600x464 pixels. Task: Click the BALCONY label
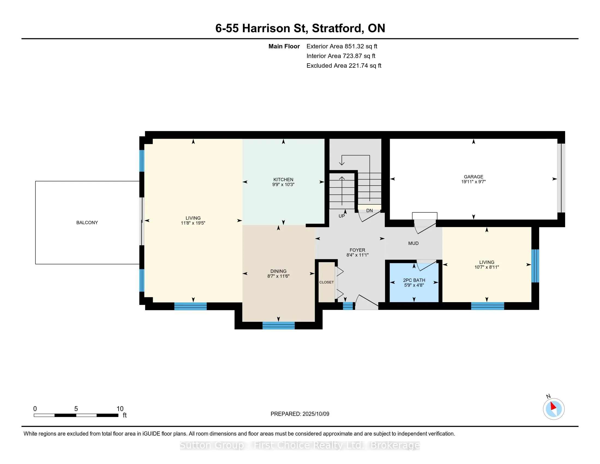pyautogui.click(x=87, y=223)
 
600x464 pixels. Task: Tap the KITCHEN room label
pyautogui.click(x=283, y=180)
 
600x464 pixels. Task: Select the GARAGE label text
pyautogui.click(x=473, y=177)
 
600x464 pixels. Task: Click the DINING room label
pyautogui.click(x=278, y=271)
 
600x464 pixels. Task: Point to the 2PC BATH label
pyautogui.click(x=414, y=280)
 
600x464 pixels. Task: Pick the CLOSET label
pyautogui.click(x=326, y=282)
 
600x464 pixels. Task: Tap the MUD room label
pyautogui.click(x=413, y=243)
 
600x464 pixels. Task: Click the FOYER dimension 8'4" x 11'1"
pyautogui.click(x=358, y=255)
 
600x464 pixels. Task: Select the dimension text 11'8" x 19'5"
pyautogui.click(x=193, y=223)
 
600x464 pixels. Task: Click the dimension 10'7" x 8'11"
pyautogui.click(x=487, y=267)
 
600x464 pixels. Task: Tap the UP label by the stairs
pyautogui.click(x=341, y=216)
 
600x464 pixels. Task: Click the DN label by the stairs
pyautogui.click(x=370, y=211)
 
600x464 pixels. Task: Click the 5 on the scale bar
pyautogui.click(x=76, y=409)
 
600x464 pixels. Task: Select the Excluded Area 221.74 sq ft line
pyautogui.click(x=344, y=66)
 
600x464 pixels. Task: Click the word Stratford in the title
pyautogui.click(x=337, y=28)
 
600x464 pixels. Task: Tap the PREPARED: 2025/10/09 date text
pyautogui.click(x=300, y=414)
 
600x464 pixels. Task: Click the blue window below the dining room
pyautogui.click(x=278, y=325)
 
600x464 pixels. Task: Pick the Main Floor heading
pyautogui.click(x=284, y=46)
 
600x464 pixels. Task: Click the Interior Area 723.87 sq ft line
pyautogui.click(x=341, y=56)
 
